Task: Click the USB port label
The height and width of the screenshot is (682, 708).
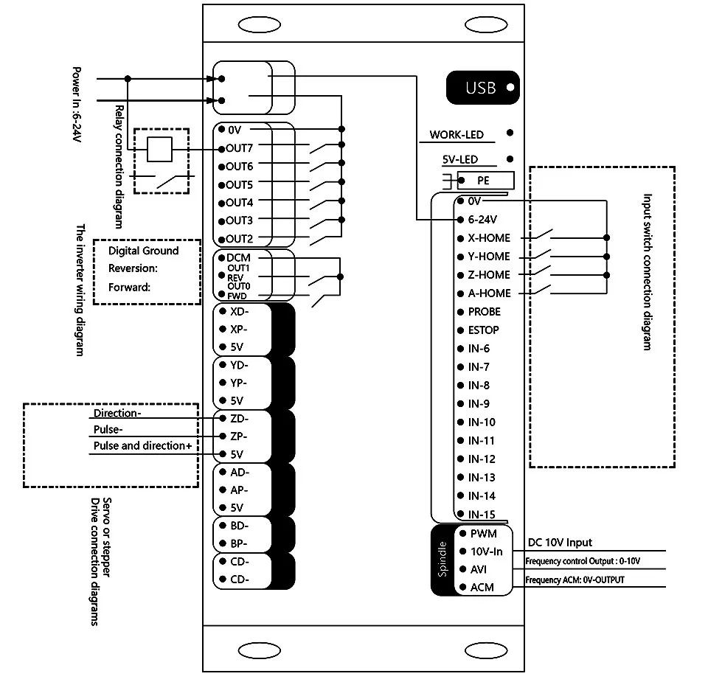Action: click(x=480, y=88)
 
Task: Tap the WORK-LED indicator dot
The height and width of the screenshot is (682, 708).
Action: click(x=510, y=133)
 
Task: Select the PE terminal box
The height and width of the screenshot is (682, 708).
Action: click(x=485, y=180)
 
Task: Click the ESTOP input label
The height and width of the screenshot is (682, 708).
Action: click(x=483, y=330)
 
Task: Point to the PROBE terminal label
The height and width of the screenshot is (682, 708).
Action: click(x=484, y=312)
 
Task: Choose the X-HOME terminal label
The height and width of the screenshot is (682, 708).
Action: click(x=489, y=238)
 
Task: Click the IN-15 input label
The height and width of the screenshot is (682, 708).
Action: click(x=482, y=515)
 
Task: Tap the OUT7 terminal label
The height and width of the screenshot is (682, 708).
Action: click(x=239, y=148)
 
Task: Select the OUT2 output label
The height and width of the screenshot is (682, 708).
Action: click(x=239, y=239)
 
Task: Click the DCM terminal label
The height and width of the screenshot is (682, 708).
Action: click(x=238, y=258)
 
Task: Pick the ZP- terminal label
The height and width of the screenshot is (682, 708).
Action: click(x=239, y=436)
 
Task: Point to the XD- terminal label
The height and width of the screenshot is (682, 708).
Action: click(x=239, y=311)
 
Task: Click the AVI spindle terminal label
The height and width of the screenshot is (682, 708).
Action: click(x=478, y=570)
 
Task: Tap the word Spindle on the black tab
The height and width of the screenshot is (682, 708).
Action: click(x=442, y=559)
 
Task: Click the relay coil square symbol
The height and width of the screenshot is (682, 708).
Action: click(x=160, y=149)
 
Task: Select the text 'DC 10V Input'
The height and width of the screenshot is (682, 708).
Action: click(x=560, y=543)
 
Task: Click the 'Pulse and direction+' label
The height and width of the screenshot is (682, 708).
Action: click(x=142, y=446)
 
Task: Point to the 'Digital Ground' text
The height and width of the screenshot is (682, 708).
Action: click(x=144, y=251)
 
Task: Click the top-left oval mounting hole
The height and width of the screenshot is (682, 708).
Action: click(x=259, y=25)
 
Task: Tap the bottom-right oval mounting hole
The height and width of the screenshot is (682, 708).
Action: click(x=486, y=651)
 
